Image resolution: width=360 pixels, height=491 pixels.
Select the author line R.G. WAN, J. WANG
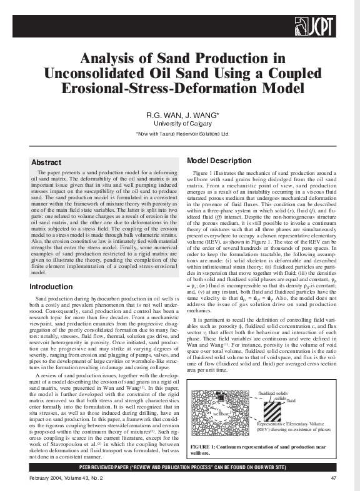click(x=182, y=116)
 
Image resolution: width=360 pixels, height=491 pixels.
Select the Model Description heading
click(x=210, y=161)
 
